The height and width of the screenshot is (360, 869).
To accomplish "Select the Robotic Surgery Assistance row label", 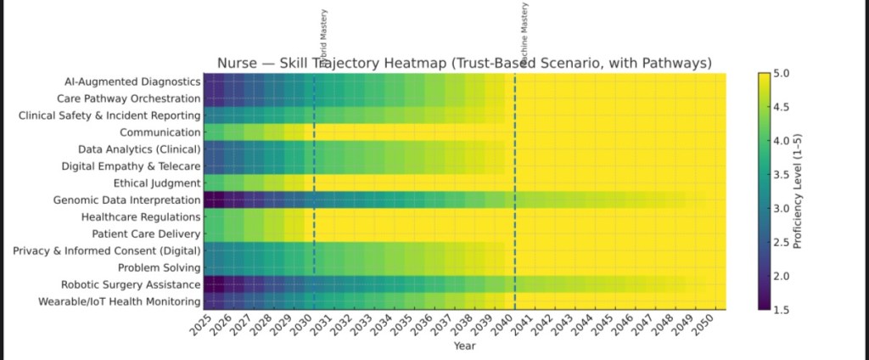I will pyautogui.click(x=131, y=284).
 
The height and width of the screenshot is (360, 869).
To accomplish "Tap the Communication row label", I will pyautogui.click(x=160, y=132).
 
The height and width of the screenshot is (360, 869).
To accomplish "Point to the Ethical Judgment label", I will pyautogui.click(x=156, y=183).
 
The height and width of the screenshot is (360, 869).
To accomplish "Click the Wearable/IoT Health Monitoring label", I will pyautogui.click(x=120, y=301).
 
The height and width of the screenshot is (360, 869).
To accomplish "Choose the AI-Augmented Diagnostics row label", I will pyautogui.click(x=132, y=82).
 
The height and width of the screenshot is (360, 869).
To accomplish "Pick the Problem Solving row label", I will pyautogui.click(x=158, y=267).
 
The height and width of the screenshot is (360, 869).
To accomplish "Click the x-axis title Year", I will pyautogui.click(x=464, y=346).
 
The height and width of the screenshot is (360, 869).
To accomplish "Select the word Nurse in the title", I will pyautogui.click(x=236, y=63).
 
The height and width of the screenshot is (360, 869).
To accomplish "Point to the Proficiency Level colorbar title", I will pyautogui.click(x=798, y=192).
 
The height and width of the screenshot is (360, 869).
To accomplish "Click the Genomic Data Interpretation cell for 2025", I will pyautogui.click(x=211, y=200).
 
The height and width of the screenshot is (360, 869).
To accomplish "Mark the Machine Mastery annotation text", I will pyautogui.click(x=524, y=25).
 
